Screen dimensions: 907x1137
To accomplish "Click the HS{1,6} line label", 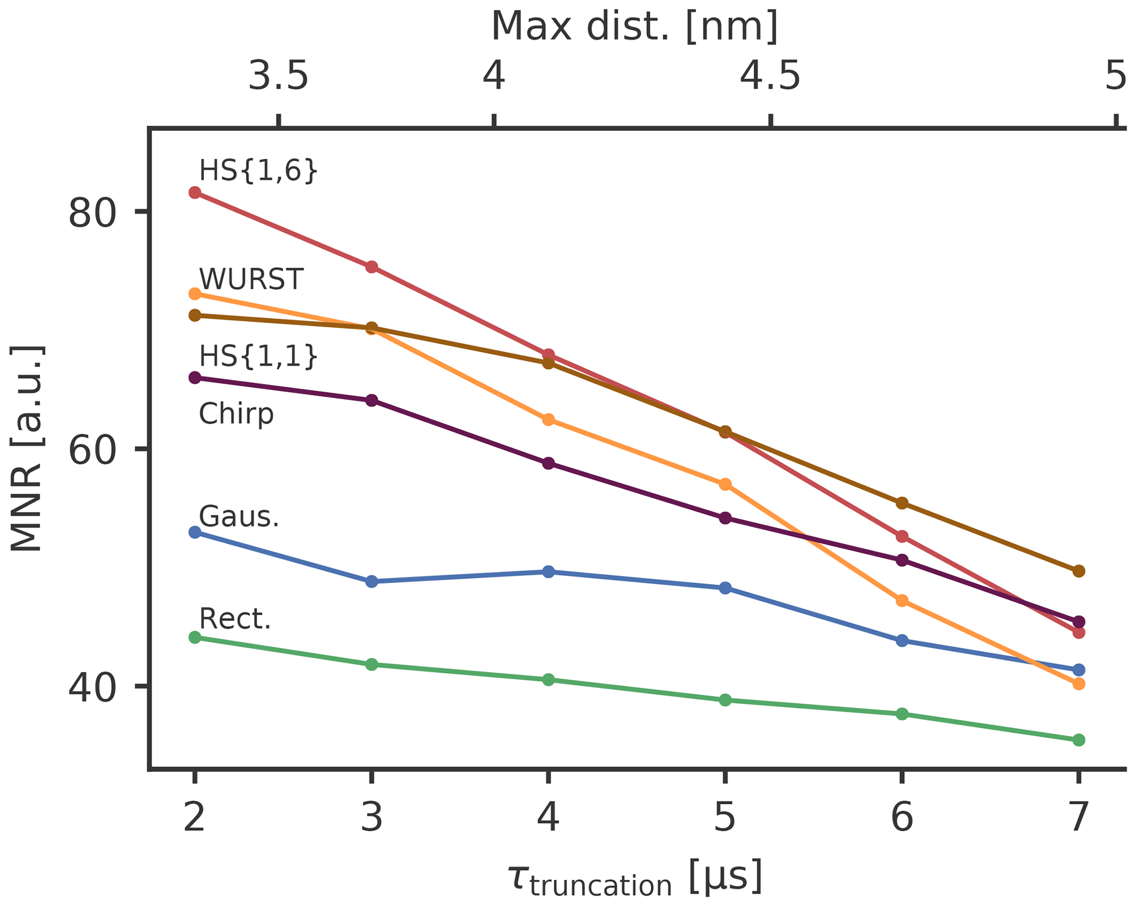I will coord(259,171).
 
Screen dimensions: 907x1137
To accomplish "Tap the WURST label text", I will coord(251,279).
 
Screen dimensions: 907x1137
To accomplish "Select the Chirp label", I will coord(236,414).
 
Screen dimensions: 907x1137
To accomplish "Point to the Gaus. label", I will coord(239,516).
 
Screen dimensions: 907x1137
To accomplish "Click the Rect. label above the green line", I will coord(235,619).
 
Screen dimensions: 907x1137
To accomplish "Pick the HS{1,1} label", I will coord(259,356).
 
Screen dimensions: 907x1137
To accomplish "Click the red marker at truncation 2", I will coord(195,193).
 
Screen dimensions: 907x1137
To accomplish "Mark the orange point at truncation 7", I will coord(1079,684).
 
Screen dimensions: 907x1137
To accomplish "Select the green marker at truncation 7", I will coord(1079,740).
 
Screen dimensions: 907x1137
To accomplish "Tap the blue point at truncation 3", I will coord(372,581).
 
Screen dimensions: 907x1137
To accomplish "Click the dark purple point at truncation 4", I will coord(548,463).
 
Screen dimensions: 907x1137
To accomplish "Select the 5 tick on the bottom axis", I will coord(725,818).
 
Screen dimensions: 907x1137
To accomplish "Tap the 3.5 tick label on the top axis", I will coord(278,76).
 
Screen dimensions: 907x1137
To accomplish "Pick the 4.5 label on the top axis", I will coord(770,76).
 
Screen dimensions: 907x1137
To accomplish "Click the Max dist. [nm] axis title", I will coord(634,26).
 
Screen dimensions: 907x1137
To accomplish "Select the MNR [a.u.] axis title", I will coord(26,448).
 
